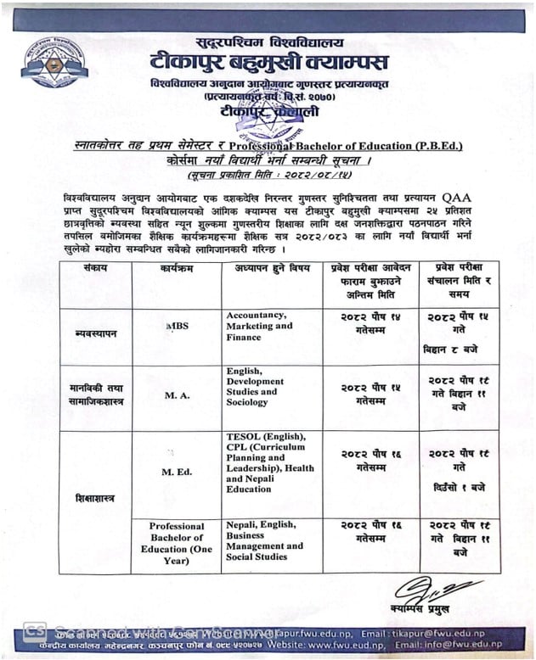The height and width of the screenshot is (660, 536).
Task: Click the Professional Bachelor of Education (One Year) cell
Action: click(x=177, y=543)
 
